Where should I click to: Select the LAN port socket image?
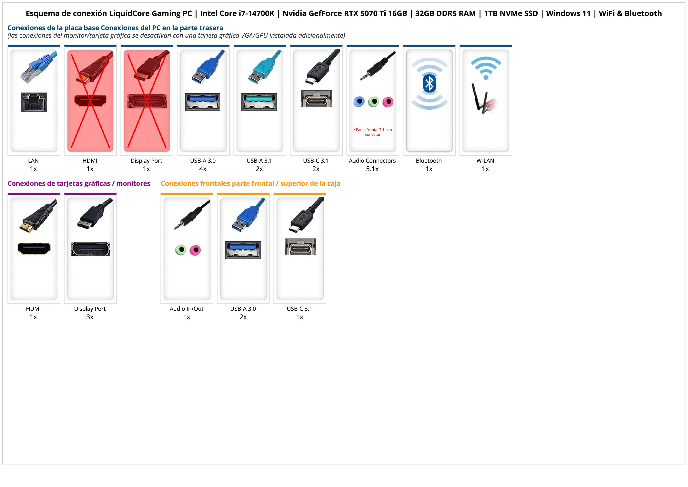click(x=34, y=102)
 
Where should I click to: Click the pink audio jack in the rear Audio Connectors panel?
click(x=388, y=102)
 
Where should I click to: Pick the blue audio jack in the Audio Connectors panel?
click(x=359, y=102)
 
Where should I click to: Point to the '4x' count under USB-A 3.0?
click(x=203, y=169)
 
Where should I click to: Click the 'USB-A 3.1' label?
click(x=259, y=160)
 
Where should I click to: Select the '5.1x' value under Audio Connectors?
click(x=372, y=169)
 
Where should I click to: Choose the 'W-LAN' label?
click(x=485, y=160)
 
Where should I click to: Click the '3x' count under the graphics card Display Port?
click(x=90, y=317)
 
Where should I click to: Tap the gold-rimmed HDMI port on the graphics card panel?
click(x=34, y=249)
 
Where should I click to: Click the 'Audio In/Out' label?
click(x=186, y=309)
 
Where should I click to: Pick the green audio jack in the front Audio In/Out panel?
click(x=181, y=250)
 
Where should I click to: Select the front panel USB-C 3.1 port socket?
click(x=300, y=247)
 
